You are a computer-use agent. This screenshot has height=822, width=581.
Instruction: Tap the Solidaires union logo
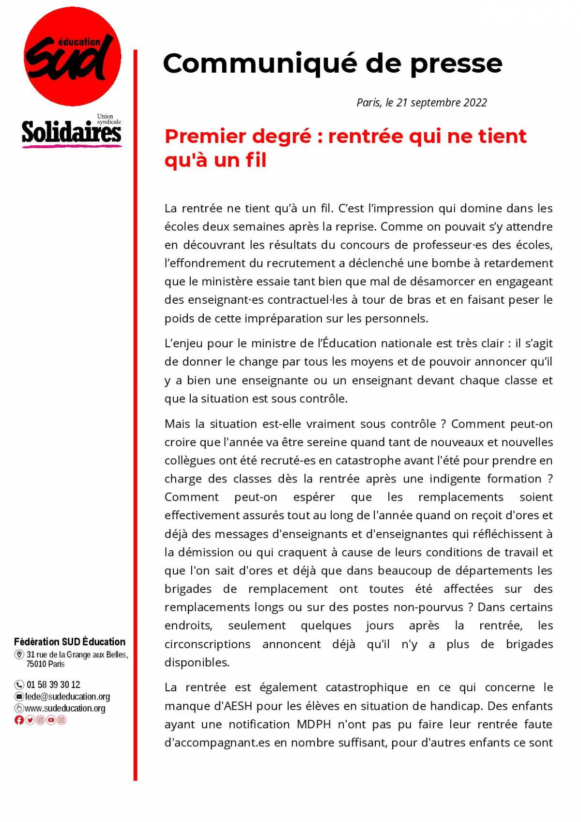(71, 132)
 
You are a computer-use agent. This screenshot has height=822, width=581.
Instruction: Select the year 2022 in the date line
(475, 103)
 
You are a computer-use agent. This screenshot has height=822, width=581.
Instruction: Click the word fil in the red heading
(256, 160)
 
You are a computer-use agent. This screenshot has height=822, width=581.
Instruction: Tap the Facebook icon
(19, 720)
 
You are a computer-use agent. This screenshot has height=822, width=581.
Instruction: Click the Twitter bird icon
(30, 720)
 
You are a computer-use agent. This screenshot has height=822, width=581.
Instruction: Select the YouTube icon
(51, 720)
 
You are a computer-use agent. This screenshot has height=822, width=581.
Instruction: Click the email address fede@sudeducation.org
(67, 697)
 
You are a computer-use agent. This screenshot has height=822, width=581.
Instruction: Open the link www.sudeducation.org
(65, 708)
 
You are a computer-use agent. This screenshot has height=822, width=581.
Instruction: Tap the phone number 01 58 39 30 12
(53, 684)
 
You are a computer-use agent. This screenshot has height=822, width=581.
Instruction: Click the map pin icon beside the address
(19, 655)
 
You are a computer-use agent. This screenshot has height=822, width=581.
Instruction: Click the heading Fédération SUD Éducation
(70, 642)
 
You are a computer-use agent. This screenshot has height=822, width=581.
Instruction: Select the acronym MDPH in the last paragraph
(314, 724)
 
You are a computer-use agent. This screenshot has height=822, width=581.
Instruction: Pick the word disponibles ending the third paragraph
(197, 662)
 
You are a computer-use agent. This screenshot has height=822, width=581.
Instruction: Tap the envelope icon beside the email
(19, 697)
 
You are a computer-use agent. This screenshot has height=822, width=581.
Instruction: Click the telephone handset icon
(19, 684)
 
